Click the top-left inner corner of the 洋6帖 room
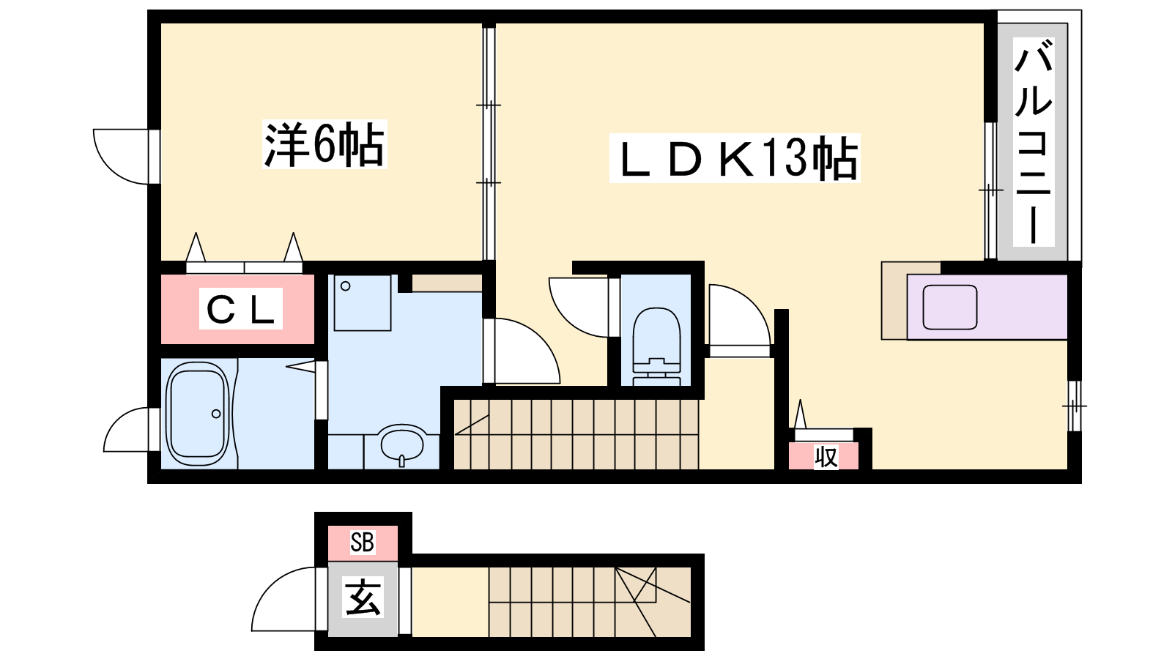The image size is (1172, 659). click(161, 24)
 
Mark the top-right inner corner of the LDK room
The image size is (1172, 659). click(984, 24)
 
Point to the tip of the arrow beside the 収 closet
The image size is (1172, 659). click(799, 401)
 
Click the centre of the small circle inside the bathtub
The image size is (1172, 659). click(216, 414)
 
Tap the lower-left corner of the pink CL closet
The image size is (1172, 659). click(161, 343)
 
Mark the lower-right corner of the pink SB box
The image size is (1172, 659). click(398, 562)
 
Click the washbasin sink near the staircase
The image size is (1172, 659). click(402, 445)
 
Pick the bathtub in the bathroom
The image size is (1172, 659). click(198, 414)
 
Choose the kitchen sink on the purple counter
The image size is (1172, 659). click(949, 307)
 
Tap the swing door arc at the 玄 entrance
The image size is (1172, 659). click(283, 600)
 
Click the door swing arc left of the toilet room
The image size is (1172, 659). click(579, 308)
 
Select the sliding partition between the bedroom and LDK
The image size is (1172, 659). click(489, 142)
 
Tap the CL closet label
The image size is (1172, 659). click(241, 308)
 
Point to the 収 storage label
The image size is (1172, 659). click(826, 457)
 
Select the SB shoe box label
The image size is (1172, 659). click(362, 542)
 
